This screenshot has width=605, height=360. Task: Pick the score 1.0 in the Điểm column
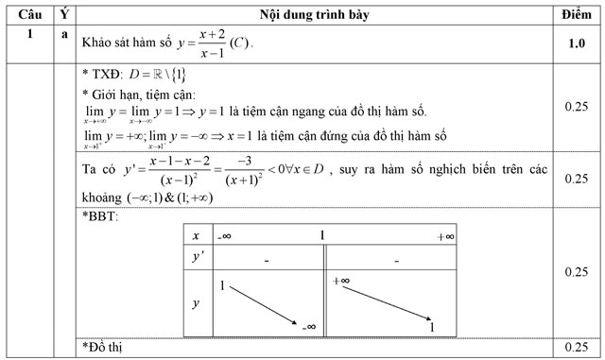[x=574, y=43]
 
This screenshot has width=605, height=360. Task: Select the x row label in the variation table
[x=196, y=236]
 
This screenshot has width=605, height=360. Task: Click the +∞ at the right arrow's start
[x=341, y=282]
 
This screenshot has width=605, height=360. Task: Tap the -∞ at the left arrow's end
[x=309, y=326]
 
